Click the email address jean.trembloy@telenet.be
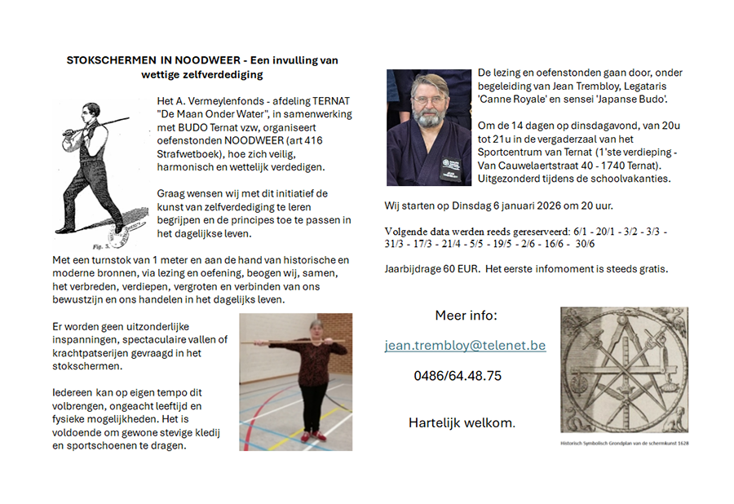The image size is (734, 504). (x=465, y=346)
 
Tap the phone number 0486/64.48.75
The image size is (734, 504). (x=458, y=376)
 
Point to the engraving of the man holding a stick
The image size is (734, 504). (x=96, y=171)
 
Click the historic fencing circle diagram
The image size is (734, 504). (x=624, y=372)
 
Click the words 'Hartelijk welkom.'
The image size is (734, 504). (x=462, y=422)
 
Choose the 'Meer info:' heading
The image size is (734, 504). (x=466, y=316)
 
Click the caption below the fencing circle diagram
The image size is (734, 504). (x=624, y=444)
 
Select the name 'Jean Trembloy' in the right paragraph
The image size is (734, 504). (x=584, y=86)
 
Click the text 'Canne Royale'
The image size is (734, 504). (x=513, y=99)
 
